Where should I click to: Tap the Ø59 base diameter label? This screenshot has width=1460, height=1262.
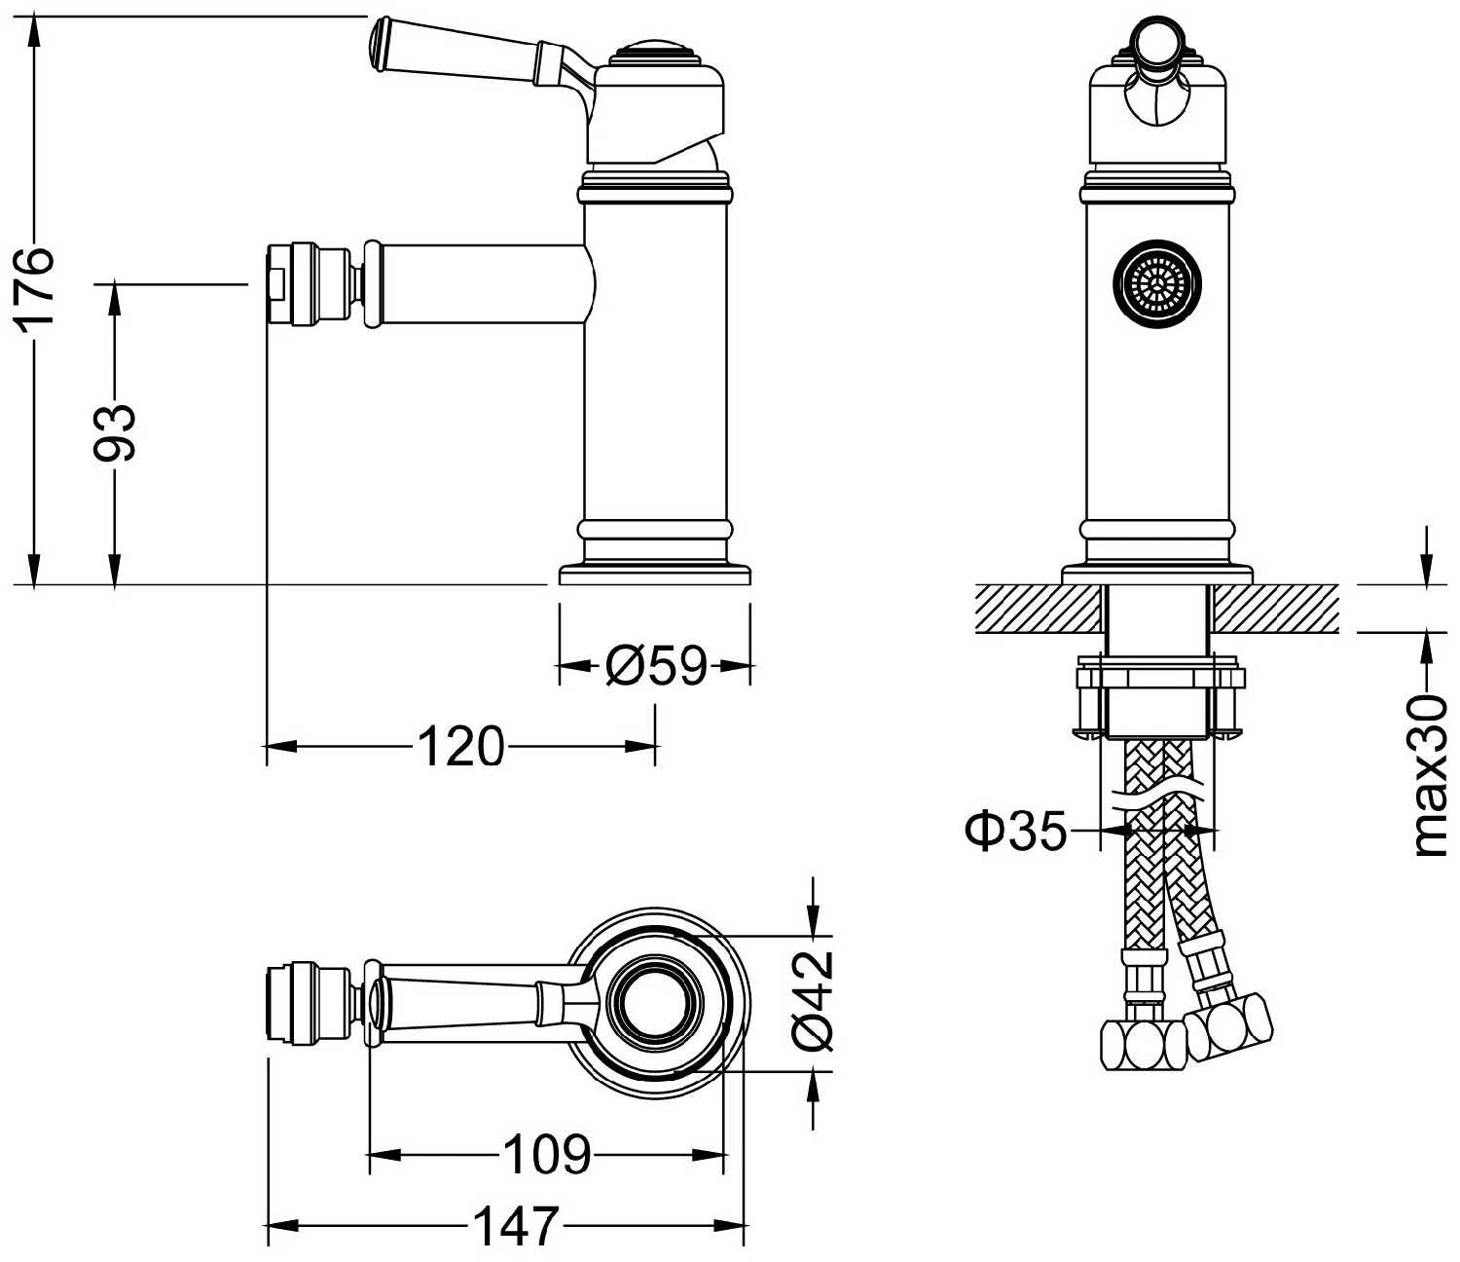click(654, 666)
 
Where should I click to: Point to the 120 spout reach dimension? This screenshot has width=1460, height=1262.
click(460, 747)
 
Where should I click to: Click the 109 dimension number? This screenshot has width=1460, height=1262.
click(546, 1155)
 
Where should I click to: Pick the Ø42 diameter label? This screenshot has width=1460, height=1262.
click(814, 1001)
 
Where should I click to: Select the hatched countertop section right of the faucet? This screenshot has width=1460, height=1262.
click(1275, 609)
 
